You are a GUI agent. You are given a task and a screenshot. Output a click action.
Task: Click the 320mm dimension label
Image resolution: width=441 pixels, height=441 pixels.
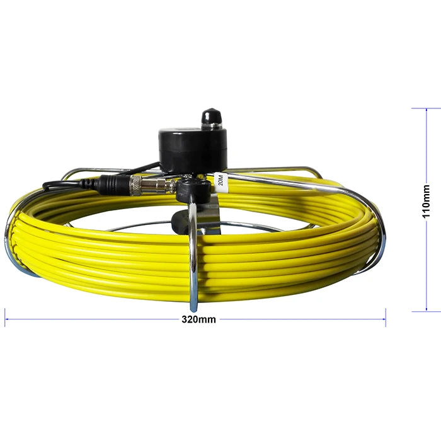point(198,319)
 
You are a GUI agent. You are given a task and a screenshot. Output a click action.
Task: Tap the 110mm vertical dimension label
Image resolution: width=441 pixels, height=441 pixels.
point(427,201)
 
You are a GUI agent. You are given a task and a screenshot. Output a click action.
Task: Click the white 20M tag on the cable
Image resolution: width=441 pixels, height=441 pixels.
point(220,182)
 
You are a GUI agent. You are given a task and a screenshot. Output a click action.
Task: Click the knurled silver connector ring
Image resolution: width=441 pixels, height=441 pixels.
point(136,185)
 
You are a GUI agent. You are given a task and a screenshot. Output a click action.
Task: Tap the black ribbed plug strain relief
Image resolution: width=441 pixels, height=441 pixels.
point(89,184)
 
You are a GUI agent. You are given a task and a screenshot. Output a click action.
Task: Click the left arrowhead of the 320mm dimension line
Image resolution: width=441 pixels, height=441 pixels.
point(7,319)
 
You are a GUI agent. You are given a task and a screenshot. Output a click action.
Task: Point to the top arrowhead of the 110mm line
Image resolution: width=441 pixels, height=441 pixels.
point(427,110)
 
